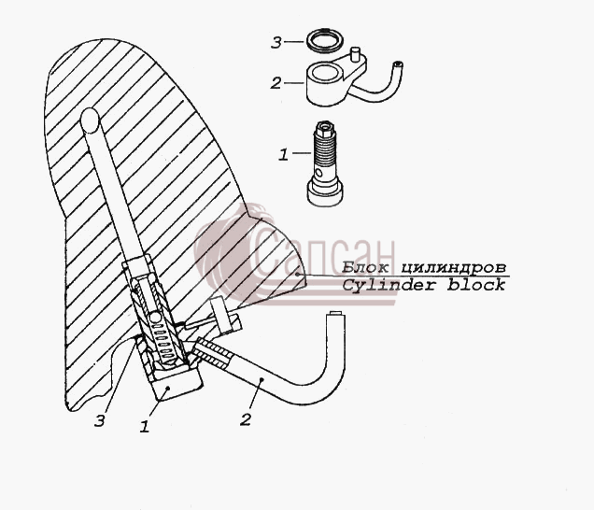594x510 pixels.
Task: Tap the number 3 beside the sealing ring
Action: coord(276,42)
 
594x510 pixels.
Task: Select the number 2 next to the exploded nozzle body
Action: coord(276,83)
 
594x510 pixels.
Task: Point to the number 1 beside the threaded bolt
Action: coord(283,155)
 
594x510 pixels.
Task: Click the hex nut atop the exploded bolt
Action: coord(326,128)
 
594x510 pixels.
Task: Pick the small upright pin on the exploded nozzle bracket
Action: coord(355,54)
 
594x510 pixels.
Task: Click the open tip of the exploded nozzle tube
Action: coord(398,64)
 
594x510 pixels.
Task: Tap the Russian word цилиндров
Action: coord(453,268)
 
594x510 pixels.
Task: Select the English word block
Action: coord(476,284)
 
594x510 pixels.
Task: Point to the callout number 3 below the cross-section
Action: coord(99,420)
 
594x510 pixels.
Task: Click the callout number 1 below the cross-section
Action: coord(145,427)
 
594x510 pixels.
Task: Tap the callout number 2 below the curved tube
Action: coord(246,419)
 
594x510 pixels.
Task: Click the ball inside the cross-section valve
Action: coord(156,318)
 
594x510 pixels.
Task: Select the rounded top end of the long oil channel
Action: coord(90,119)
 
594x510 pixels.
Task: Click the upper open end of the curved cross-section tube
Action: coord(335,314)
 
